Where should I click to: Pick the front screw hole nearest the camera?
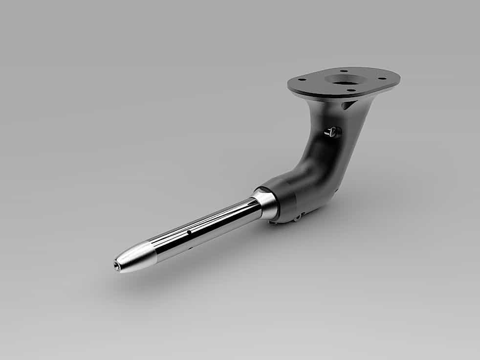350,90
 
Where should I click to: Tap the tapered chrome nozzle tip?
134,255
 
